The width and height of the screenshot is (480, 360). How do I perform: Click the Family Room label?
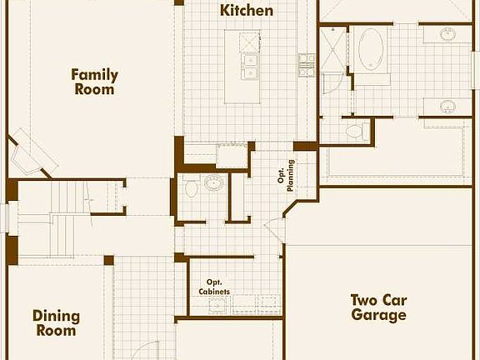point(94,82)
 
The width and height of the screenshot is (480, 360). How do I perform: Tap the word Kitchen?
point(247,11)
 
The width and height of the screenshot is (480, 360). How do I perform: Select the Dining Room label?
point(56,322)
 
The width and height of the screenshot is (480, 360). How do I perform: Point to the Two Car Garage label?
point(378,307)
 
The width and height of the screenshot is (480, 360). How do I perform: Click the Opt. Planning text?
point(287,175)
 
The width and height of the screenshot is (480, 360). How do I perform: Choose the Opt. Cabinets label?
point(213,287)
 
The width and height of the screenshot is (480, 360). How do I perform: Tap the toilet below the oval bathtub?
point(355,130)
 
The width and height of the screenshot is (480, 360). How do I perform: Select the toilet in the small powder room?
point(192,188)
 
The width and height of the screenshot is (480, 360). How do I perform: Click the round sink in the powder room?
point(214,183)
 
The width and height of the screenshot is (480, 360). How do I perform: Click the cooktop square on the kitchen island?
point(248,42)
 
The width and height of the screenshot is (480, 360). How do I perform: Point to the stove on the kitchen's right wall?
point(307,64)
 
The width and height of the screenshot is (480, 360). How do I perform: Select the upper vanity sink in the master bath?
point(447,35)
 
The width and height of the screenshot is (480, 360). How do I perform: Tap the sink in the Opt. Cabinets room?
point(218,302)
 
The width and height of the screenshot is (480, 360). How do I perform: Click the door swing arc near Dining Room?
point(146,350)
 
